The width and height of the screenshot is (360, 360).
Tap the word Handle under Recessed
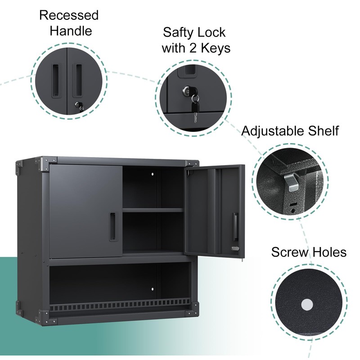(x=71, y=31)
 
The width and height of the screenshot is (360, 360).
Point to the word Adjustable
(x=272, y=131)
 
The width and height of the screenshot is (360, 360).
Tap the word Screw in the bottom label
(x=289, y=252)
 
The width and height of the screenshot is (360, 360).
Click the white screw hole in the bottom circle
(x=307, y=305)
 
